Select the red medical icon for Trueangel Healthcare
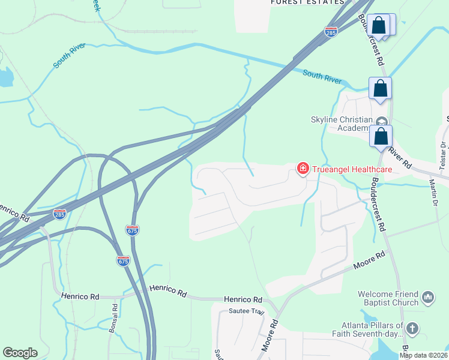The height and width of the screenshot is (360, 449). pos(303,168)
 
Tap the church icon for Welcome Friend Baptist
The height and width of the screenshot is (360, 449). pos(428,296)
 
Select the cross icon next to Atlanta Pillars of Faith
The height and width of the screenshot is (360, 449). pos(412,328)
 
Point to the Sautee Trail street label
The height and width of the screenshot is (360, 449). pos(247,311)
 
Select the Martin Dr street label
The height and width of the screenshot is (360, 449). pos(433,192)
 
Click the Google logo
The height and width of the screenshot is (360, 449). pos(20,353)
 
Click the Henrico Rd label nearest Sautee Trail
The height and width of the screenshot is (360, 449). pos(243,299)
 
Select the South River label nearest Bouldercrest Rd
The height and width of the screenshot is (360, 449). pos(322,77)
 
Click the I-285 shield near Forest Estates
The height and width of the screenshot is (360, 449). pos(331,31)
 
